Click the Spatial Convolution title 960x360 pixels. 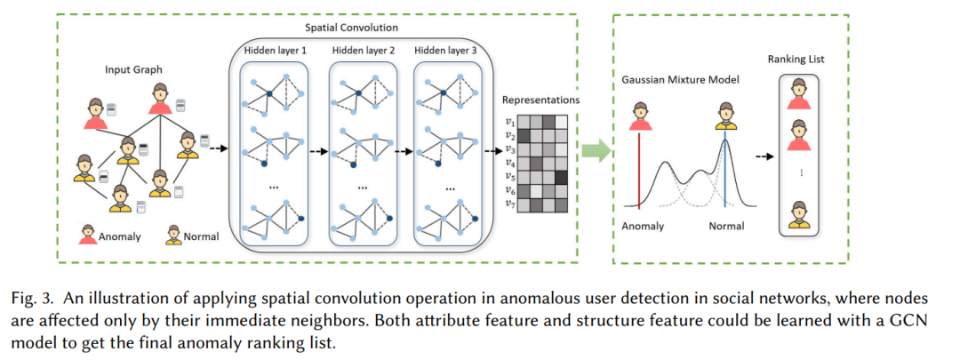click(351, 28)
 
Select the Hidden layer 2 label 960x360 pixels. click(363, 51)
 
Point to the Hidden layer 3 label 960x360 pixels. click(445, 51)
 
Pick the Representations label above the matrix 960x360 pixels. click(540, 100)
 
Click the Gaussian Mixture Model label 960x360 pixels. click(671, 80)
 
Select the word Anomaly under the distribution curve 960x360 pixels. click(643, 227)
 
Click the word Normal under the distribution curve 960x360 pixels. click(727, 227)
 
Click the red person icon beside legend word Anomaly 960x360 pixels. click(88, 235)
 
